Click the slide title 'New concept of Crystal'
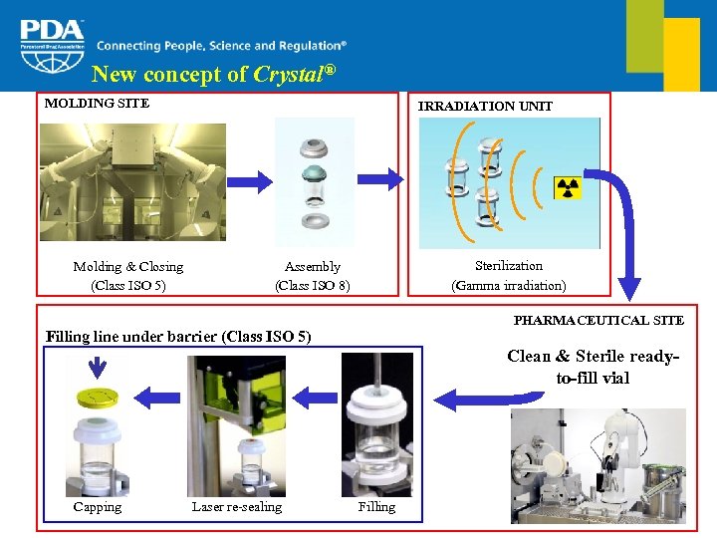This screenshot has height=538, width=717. point(213,75)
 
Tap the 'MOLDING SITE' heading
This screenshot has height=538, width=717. point(97,103)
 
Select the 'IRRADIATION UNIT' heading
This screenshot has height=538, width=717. point(485,106)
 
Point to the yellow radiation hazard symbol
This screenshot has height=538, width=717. point(569,188)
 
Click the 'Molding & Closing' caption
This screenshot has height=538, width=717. point(128,267)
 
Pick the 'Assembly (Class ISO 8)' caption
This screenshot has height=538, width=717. point(313,276)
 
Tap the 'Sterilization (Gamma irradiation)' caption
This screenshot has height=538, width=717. point(508,276)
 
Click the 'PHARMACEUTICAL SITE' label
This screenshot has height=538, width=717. point(598,320)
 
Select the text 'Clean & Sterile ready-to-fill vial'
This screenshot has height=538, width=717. point(594,367)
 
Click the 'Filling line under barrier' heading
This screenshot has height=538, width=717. point(179,337)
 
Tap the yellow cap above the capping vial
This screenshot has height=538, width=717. point(97,399)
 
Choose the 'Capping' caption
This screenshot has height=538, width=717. point(98,507)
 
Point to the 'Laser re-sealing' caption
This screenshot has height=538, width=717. point(237,507)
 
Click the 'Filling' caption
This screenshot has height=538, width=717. point(376,507)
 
